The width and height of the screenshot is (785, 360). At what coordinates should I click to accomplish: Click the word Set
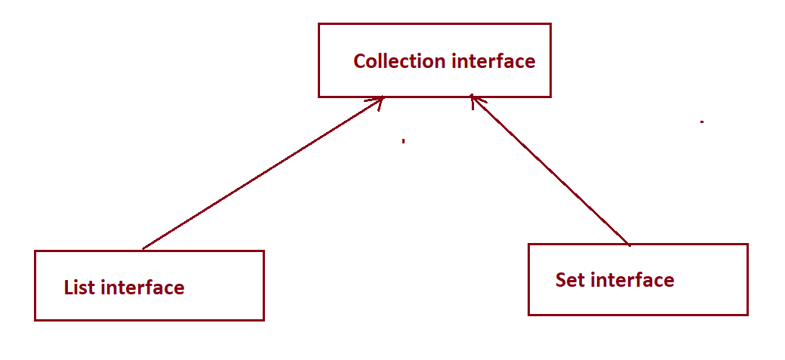point(571,280)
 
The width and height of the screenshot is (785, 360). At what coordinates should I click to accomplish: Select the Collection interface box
point(434,83)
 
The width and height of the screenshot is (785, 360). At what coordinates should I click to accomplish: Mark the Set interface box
point(637,302)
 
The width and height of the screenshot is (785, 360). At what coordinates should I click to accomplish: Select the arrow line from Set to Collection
point(551,171)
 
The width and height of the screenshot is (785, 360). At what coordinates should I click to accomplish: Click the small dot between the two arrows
point(404,140)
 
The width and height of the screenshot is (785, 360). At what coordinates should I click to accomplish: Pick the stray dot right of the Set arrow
point(702,122)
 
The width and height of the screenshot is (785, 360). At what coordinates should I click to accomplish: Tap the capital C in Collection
point(360,61)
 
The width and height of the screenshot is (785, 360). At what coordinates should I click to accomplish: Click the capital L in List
point(69,288)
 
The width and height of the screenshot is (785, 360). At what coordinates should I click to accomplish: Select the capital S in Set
point(561,280)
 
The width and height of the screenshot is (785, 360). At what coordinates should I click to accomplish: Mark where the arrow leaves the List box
point(143,249)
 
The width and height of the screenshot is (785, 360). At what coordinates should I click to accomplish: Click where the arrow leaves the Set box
point(629,244)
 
